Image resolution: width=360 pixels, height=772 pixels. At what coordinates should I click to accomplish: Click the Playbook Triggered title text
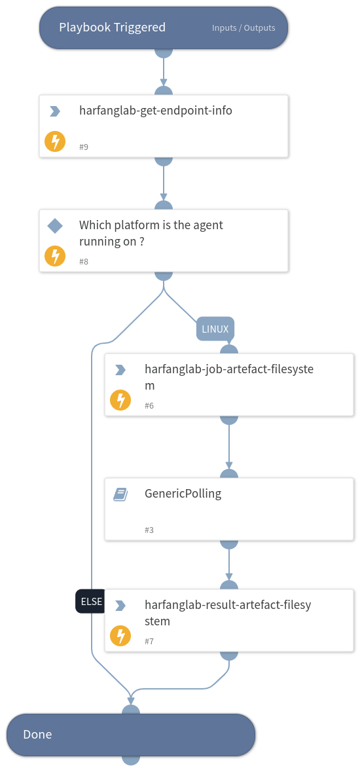coord(112,28)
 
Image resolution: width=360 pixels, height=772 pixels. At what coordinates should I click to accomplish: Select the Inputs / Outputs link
coord(243,28)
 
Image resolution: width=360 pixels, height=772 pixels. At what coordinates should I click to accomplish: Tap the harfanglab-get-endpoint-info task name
coord(155,111)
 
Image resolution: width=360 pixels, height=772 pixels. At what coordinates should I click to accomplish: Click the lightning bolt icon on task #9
coord(55,141)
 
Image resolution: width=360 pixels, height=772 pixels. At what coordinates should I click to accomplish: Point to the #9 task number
coord(84,147)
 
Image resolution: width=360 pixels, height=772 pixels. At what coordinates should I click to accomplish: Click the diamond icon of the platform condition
coord(55,226)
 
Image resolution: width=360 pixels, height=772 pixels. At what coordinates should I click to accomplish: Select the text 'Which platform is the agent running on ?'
coord(151,233)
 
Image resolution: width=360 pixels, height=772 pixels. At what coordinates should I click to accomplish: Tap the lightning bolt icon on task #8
coord(55,256)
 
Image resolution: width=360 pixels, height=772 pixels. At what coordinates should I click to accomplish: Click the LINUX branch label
coord(215,329)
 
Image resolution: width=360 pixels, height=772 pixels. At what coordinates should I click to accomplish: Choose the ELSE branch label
coord(90,601)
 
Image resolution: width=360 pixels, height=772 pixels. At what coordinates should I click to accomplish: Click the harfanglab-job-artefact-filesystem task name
coord(228,377)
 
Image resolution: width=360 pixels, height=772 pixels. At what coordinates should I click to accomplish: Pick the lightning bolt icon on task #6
coord(120,400)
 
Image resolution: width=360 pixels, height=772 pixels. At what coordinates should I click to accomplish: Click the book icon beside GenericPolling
coord(120,495)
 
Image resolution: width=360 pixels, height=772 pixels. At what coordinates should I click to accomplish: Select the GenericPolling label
coord(183,494)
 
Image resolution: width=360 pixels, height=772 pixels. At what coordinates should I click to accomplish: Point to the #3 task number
coord(149,530)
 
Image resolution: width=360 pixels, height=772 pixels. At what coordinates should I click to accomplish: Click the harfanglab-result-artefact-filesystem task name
coord(227,613)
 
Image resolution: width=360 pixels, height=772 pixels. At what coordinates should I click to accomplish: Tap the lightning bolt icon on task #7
coord(120,636)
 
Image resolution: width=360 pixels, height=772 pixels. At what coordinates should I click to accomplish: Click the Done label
coord(37,735)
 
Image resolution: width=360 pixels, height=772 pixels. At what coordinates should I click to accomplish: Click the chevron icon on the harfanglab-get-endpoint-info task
coord(55,112)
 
